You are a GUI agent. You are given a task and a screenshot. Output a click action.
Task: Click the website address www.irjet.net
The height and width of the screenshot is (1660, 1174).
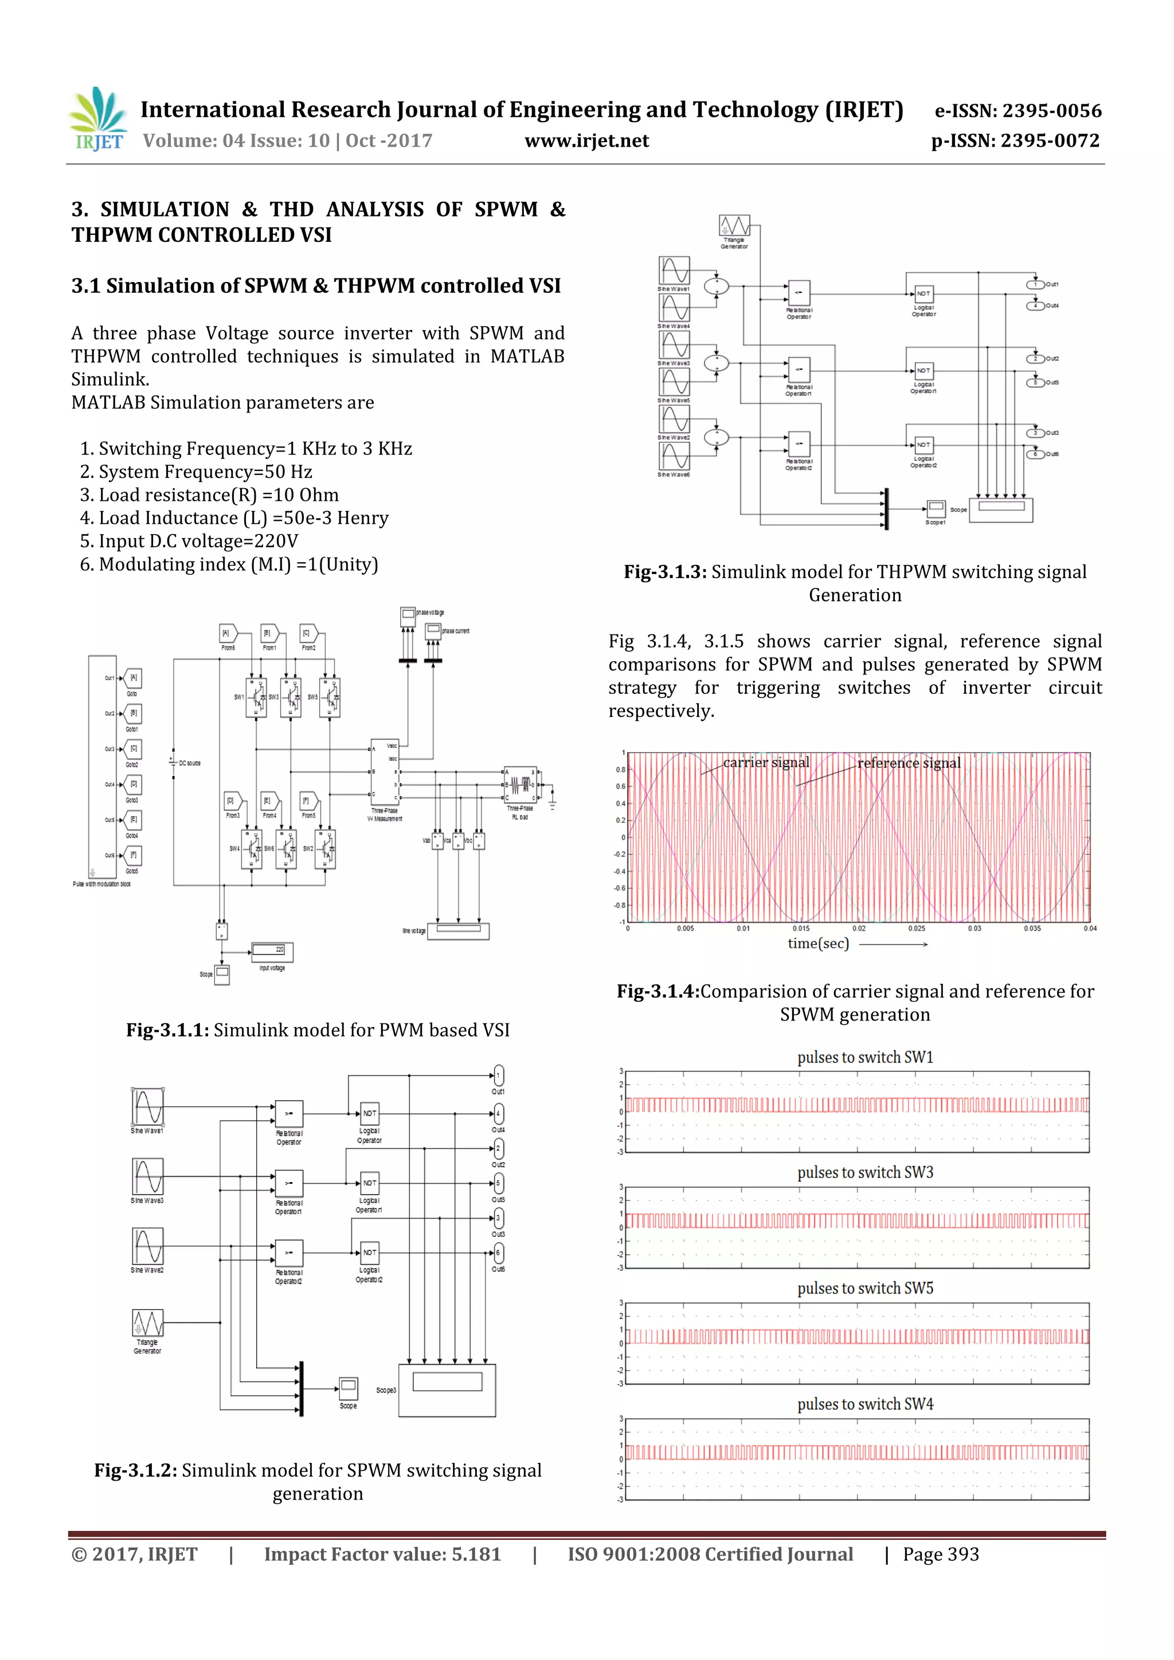pyautogui.click(x=586, y=141)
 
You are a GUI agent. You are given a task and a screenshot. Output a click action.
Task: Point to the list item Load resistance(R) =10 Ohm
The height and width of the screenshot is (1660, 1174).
pyautogui.click(x=209, y=495)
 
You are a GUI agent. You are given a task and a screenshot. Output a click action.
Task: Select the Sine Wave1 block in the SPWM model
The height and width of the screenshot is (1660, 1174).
pyautogui.click(x=147, y=1107)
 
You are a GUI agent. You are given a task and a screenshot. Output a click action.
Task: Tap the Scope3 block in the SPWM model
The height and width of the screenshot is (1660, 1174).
pyautogui.click(x=447, y=1390)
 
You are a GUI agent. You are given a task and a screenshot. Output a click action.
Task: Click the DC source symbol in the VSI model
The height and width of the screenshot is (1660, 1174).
pyautogui.click(x=174, y=763)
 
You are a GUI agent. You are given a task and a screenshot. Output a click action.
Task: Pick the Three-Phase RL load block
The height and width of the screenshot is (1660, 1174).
pyautogui.click(x=520, y=784)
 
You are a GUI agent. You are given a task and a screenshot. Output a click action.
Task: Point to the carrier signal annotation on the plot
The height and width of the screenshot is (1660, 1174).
pyautogui.click(x=765, y=763)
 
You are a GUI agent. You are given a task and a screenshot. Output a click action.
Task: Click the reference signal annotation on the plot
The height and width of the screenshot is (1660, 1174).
pyautogui.click(x=909, y=763)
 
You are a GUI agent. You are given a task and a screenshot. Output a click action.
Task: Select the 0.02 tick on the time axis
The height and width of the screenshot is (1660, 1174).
pyautogui.click(x=859, y=928)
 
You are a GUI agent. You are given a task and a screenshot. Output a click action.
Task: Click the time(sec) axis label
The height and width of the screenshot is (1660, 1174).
pyautogui.click(x=818, y=944)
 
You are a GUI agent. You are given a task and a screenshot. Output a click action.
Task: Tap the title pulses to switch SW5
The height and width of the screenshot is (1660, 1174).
pyautogui.click(x=865, y=1288)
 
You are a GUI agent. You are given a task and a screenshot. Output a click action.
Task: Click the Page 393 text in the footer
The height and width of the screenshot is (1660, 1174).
pyautogui.click(x=940, y=1554)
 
